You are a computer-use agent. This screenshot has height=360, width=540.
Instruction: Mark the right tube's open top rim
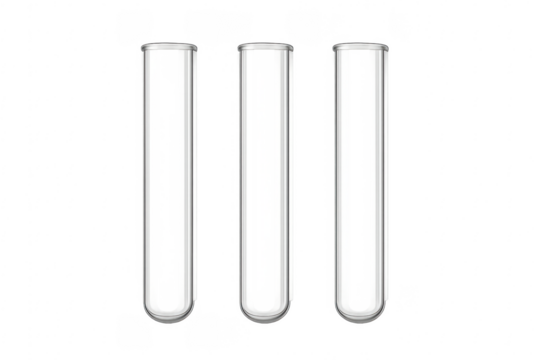[362, 46]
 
